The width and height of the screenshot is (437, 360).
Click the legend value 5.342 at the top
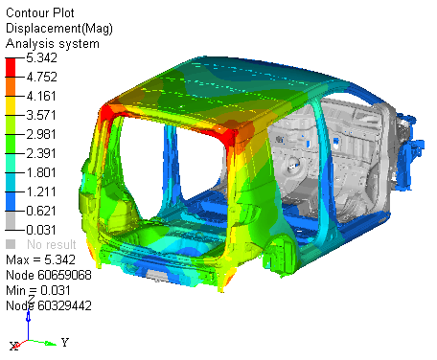point(41,57)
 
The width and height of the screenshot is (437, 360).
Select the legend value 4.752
point(41,77)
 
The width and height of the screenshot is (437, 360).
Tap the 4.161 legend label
point(41,96)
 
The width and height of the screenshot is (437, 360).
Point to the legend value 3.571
point(41,115)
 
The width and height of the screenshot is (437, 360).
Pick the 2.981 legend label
point(41,134)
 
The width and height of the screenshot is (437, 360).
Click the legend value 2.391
point(41,153)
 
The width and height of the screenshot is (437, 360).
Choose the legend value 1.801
point(41,172)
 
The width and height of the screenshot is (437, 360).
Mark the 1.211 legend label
point(41,191)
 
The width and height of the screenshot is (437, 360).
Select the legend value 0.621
point(41,211)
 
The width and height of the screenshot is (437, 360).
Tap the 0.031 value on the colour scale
point(41,230)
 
